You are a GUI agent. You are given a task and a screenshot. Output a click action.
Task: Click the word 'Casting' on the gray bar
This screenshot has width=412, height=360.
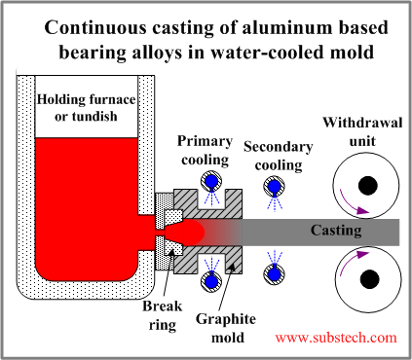tap(336, 231)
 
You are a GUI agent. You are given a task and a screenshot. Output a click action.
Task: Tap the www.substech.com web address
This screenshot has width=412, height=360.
tap(336, 338)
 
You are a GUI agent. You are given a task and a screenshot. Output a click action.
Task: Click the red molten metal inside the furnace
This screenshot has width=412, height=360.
tap(83, 204)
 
